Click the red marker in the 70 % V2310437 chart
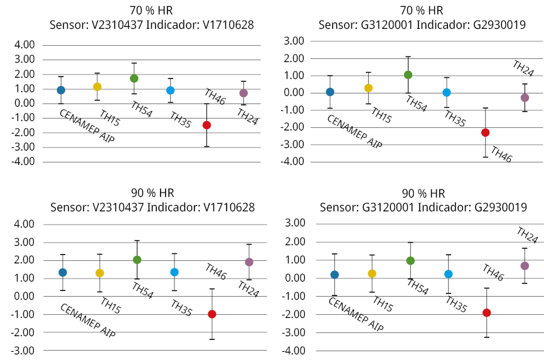point(206,125)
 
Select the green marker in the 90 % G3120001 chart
point(410,260)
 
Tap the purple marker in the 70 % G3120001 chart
point(525,98)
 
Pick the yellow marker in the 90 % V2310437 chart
point(99,273)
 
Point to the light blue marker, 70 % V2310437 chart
point(170,90)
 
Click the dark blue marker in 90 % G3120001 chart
point(334,275)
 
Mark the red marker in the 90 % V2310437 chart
point(212,314)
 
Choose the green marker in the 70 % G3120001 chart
point(408,75)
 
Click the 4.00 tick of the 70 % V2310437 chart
point(24,45)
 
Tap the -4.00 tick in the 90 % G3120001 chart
point(294,351)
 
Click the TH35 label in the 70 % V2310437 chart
point(182,119)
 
